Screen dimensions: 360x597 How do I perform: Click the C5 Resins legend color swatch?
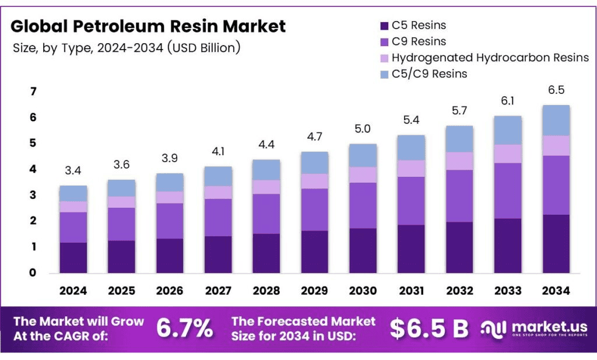click(x=384, y=26)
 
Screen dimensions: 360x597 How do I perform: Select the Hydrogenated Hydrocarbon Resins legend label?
click(x=490, y=58)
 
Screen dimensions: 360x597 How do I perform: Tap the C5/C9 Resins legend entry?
click(x=429, y=74)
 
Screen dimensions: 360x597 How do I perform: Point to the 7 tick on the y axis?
click(x=33, y=92)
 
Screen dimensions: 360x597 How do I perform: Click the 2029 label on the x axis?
click(x=315, y=291)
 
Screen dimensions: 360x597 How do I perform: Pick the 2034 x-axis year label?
click(x=556, y=291)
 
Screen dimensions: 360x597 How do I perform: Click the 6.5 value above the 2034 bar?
click(x=556, y=90)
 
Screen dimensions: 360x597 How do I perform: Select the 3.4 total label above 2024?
click(x=73, y=171)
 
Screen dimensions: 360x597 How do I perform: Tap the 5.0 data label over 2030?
click(x=363, y=129)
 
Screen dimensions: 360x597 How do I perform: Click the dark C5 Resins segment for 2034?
click(x=556, y=244)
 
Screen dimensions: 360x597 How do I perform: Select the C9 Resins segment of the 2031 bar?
click(x=411, y=201)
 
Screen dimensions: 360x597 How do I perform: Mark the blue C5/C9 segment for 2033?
click(x=507, y=130)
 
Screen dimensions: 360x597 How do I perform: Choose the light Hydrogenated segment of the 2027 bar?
click(x=218, y=193)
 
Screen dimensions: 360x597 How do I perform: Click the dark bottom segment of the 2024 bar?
click(x=73, y=258)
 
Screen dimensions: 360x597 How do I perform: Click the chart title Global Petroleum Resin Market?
click(x=148, y=26)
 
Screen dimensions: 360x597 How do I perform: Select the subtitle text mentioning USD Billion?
click(x=127, y=48)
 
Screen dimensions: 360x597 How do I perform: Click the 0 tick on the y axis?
click(x=33, y=272)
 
